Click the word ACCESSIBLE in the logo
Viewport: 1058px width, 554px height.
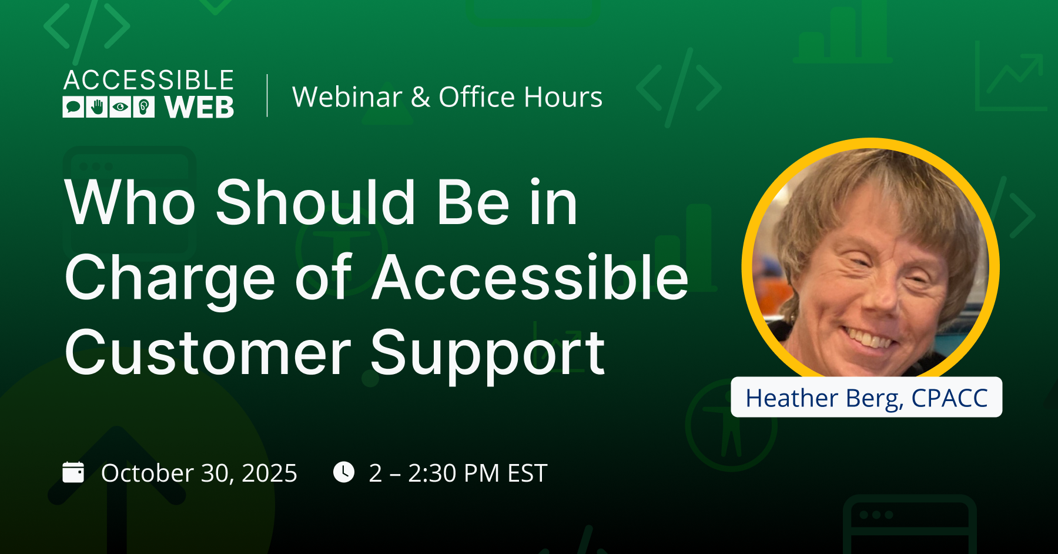[x=149, y=80]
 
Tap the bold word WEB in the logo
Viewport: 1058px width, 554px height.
[x=199, y=108]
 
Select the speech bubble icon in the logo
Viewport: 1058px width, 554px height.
[x=73, y=107]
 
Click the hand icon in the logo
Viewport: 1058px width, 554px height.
[x=97, y=107]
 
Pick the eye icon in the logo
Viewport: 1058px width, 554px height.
[x=120, y=107]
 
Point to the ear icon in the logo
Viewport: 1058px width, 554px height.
[x=144, y=107]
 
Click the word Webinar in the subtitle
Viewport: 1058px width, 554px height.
[x=347, y=97]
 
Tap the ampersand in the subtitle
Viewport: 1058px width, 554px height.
[x=421, y=97]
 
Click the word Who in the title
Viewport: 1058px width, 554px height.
[x=130, y=202]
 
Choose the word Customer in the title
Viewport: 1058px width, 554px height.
[x=208, y=353]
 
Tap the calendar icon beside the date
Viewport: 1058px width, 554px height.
[x=73, y=472]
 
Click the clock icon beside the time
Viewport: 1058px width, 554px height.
[x=344, y=472]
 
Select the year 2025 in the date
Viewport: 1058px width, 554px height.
[x=269, y=473]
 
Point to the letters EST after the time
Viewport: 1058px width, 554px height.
[x=527, y=473]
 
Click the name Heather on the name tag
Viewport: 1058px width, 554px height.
[x=792, y=398]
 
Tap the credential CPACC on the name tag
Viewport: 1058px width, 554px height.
[x=949, y=398]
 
